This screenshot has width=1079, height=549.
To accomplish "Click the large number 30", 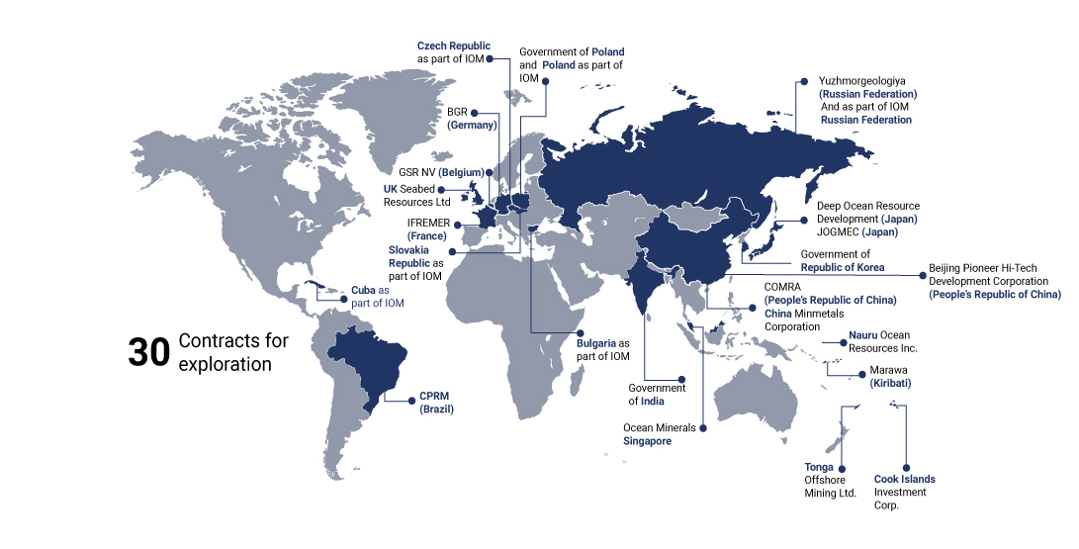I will [x=149, y=353].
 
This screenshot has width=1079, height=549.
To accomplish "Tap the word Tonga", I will [x=819, y=467].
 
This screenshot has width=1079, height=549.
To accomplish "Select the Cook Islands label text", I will [x=904, y=480].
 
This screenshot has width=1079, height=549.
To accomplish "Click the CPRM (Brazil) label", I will [x=436, y=401].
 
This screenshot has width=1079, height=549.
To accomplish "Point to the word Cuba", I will [x=363, y=290].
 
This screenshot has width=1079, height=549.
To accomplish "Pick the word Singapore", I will [x=647, y=441].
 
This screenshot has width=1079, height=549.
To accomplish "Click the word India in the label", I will [x=652, y=402].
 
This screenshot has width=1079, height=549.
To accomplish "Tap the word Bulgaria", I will [x=596, y=343].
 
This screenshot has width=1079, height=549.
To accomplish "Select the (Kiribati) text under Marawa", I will [x=890, y=383].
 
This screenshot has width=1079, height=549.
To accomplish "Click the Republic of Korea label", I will [x=843, y=268].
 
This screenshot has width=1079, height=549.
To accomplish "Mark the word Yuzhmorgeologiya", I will [x=862, y=80].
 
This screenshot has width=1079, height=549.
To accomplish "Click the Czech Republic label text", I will [x=453, y=46].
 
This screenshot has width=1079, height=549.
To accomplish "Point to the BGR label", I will [x=457, y=112].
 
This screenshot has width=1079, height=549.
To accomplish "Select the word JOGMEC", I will [x=838, y=231].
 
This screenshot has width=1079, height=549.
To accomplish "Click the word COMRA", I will [x=782, y=287].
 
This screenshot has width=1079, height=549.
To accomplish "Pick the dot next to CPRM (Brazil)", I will [x=411, y=401].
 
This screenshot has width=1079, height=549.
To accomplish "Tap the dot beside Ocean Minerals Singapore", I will [x=703, y=428].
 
